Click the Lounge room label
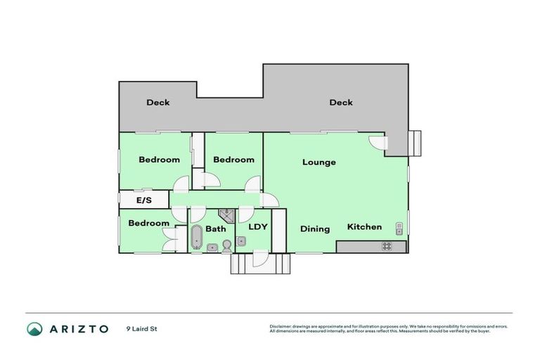click(319, 162)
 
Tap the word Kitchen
click(364, 227)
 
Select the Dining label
click(315, 229)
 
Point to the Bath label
click(215, 229)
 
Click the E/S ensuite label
click(144, 201)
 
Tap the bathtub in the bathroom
click(197, 236)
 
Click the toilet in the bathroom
click(226, 245)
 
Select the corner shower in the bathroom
click(226, 215)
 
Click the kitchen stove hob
click(386, 246)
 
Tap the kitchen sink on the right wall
click(399, 227)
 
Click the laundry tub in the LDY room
click(241, 241)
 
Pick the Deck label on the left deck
click(157, 103)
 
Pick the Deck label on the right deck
click(341, 103)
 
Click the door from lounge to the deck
click(378, 142)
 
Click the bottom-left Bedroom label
click(148, 224)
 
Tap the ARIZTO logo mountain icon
click(34, 328)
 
